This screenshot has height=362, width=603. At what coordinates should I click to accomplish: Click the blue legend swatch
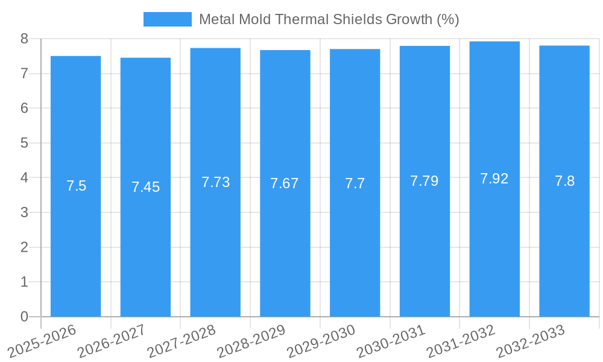point(167,19)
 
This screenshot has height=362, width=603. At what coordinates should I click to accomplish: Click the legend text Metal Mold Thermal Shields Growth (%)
point(329,19)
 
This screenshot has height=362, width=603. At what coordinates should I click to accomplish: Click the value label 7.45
point(145,187)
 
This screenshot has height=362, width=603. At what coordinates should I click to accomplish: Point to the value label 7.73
point(215,182)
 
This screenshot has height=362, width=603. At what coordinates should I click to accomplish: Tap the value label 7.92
point(494,179)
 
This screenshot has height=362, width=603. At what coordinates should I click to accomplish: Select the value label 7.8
point(564,181)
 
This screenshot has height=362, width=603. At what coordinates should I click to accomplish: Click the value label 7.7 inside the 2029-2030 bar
point(355,183)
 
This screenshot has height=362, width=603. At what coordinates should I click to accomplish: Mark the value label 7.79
point(425,181)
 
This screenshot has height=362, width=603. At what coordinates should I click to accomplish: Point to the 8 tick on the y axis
point(24,39)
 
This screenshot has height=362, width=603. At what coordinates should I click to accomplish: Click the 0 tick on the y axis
point(24,317)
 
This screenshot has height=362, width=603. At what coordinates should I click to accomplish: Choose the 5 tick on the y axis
point(24,143)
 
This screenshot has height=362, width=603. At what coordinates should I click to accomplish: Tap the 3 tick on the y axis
point(24,212)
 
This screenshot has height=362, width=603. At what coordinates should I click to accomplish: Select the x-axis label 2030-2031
point(391,341)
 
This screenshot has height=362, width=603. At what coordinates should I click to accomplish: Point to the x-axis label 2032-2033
point(530,341)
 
